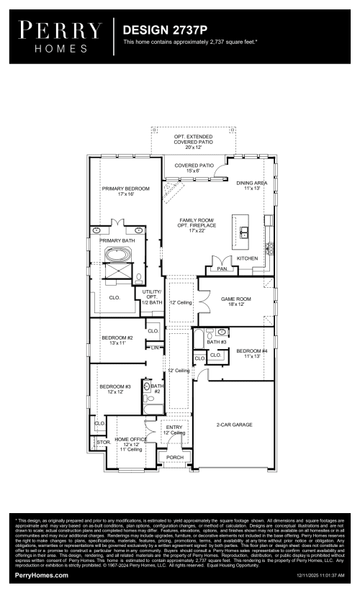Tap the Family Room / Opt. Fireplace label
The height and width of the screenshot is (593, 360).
(x=197, y=225)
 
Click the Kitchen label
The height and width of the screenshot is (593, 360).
(x=248, y=258)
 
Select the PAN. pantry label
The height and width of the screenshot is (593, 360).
(x=222, y=268)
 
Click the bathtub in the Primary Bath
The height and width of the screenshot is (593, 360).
(x=116, y=255)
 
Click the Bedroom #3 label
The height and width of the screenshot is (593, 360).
(x=115, y=389)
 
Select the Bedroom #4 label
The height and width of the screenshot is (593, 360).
(x=251, y=353)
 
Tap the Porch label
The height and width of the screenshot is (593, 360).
(x=175, y=457)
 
